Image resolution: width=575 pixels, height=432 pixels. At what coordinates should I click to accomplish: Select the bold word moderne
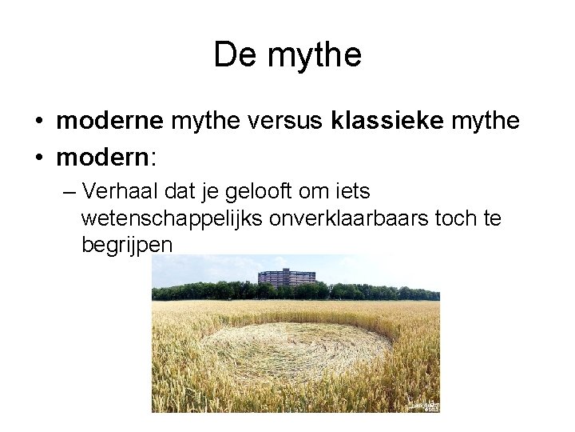[109, 122]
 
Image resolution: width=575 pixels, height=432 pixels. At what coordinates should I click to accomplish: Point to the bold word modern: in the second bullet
[107, 158]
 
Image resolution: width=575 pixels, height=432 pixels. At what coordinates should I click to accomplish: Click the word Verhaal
[120, 193]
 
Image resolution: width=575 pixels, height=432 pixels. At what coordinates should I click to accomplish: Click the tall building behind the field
[286, 278]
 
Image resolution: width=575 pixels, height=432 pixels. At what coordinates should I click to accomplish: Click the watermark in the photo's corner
[423, 406]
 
